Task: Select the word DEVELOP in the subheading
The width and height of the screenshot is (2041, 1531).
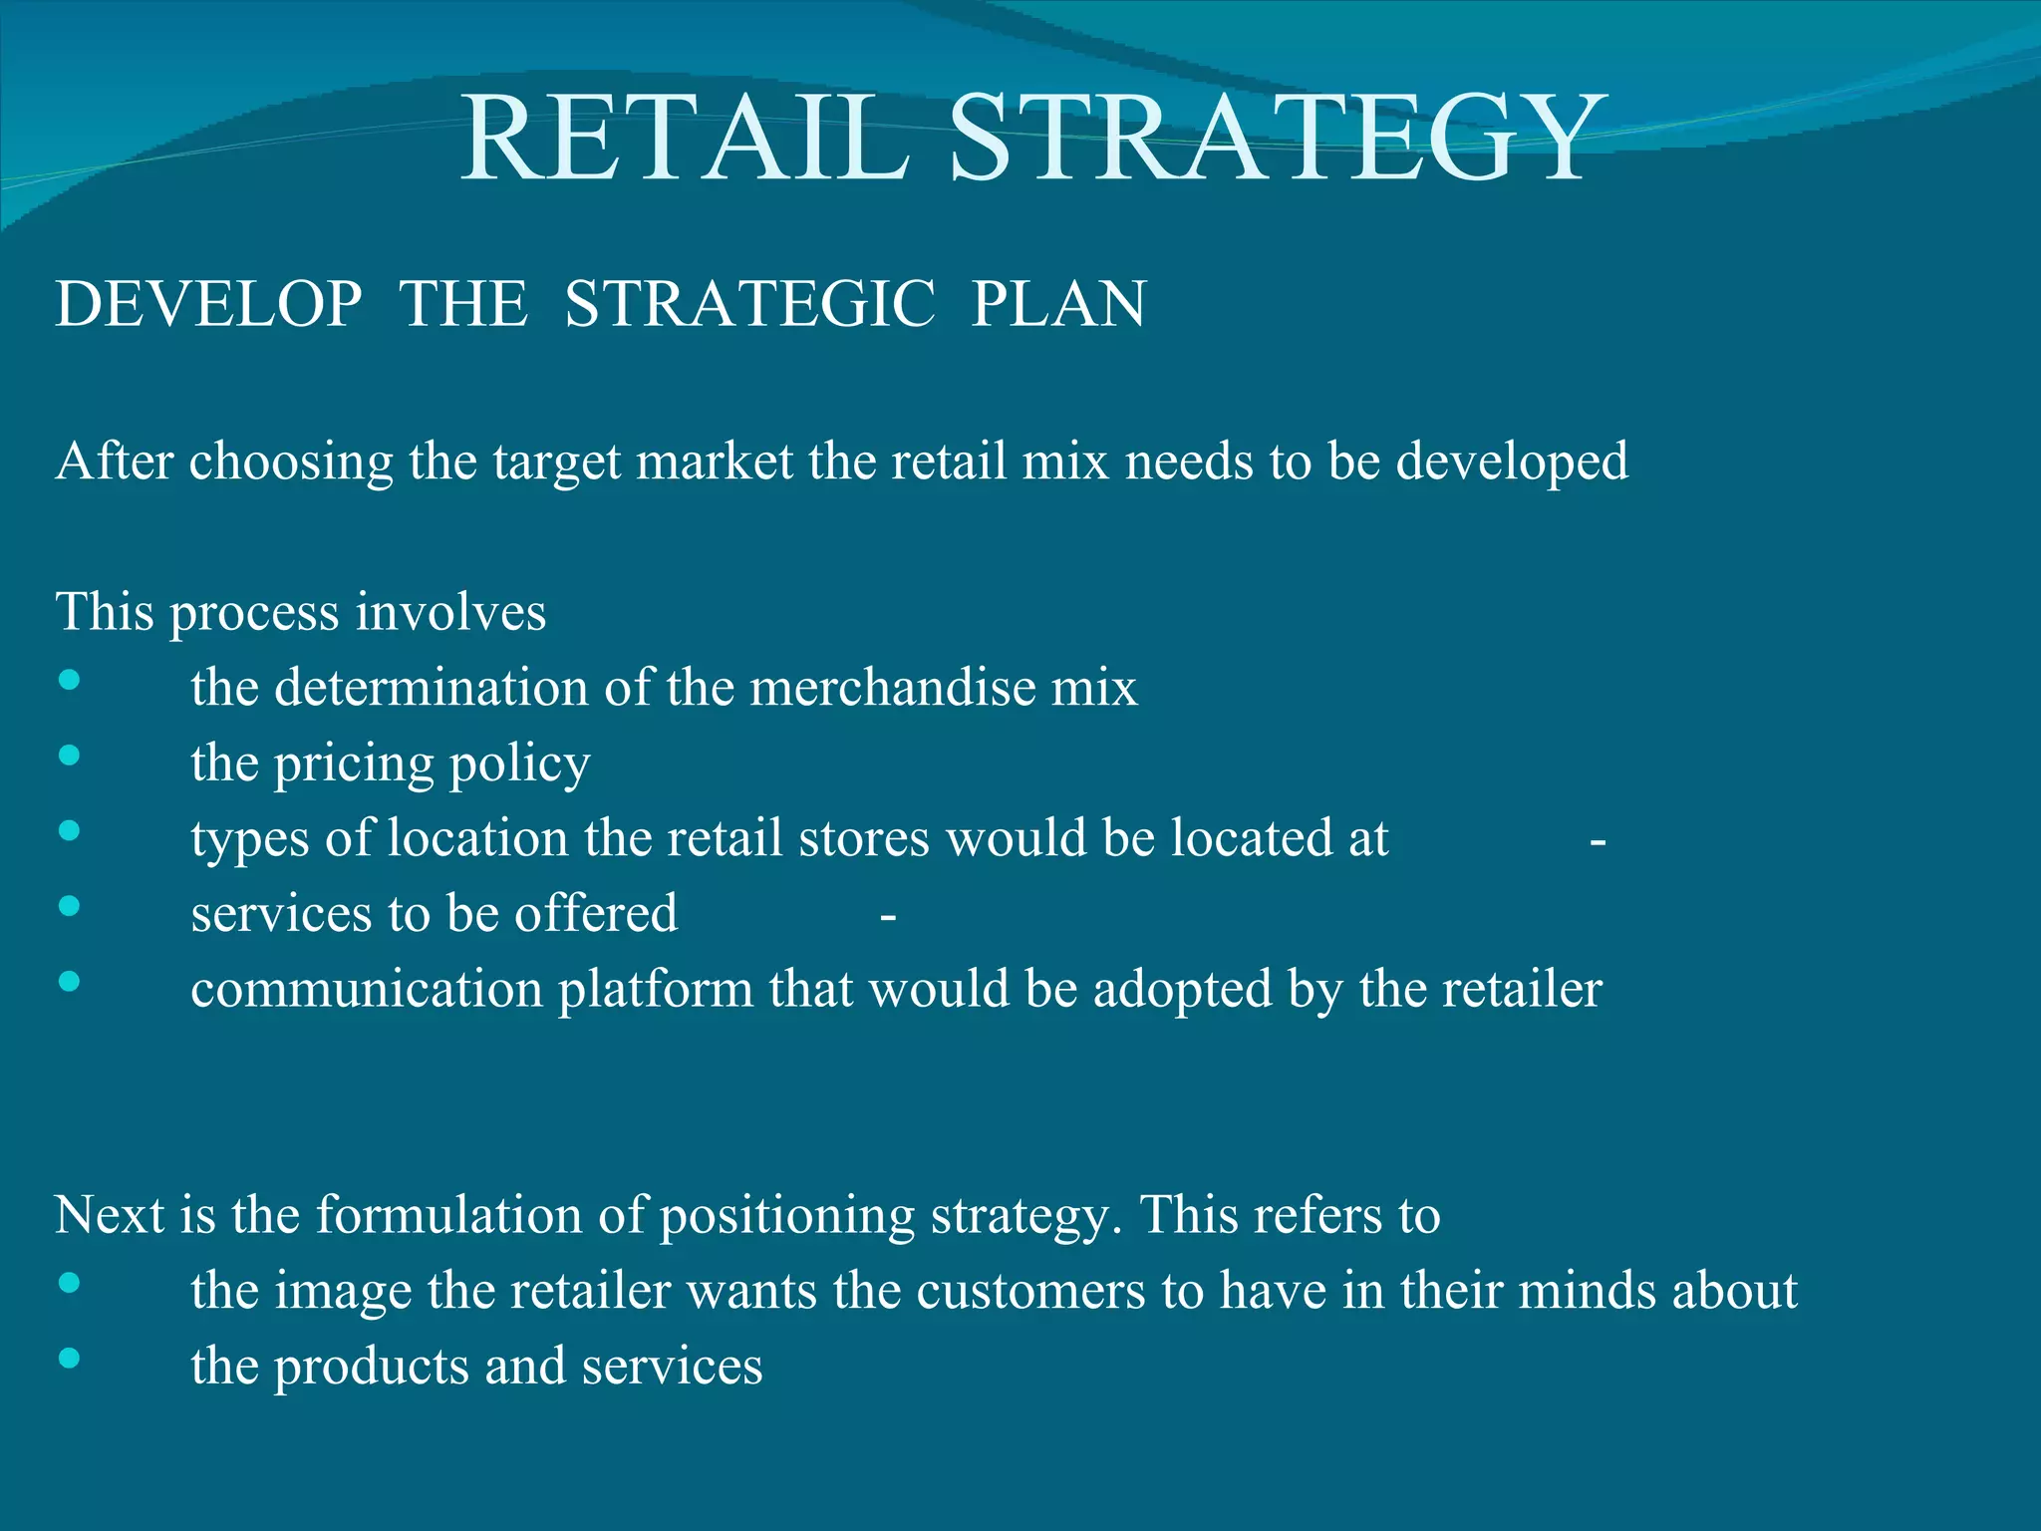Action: [208, 304]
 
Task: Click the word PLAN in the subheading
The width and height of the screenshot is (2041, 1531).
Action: [1058, 304]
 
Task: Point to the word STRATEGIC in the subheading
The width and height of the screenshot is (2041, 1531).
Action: [749, 304]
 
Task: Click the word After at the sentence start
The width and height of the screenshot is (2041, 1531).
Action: [115, 461]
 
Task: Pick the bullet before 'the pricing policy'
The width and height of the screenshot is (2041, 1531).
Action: [69, 756]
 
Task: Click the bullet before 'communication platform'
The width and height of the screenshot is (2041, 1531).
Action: [69, 982]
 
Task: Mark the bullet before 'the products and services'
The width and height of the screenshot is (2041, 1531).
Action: [69, 1358]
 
